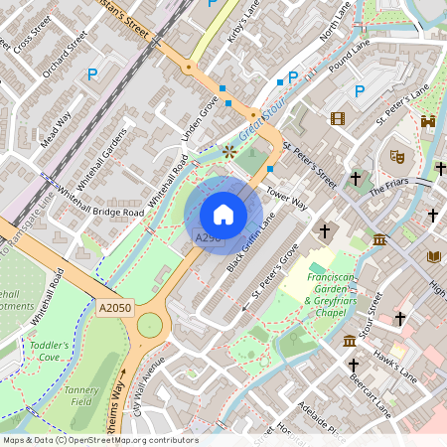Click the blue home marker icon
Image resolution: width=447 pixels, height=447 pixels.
pyautogui.click(x=223, y=214)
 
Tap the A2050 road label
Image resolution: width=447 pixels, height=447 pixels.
pyautogui.click(x=115, y=309)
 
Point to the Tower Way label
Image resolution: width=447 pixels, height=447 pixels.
pyautogui.click(x=288, y=198)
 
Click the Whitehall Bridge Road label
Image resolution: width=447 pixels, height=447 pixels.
pyautogui.click(x=100, y=201)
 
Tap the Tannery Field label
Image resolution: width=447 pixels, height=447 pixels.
pyautogui.click(x=82, y=396)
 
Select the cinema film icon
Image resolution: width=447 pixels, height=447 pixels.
pyautogui.click(x=338, y=119)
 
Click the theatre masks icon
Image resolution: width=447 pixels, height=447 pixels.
pyautogui.click(x=395, y=155)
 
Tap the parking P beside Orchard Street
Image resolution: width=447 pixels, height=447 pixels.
pyautogui.click(x=93, y=74)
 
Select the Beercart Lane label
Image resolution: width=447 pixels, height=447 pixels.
pyautogui.click(x=382, y=397)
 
